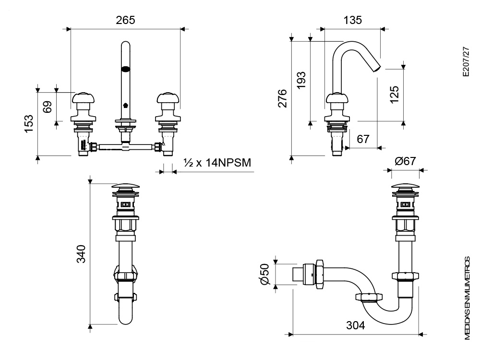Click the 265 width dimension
125,20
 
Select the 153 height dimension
29,124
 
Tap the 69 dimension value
48,107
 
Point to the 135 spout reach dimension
352,20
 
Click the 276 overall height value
282,98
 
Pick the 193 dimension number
301,80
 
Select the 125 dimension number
394,95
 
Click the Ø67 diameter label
405,161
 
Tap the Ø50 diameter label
265,274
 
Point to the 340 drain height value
81,254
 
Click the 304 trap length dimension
355,325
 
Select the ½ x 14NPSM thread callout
217,163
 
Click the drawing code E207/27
466,61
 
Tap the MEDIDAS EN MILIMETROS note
467,298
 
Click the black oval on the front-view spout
125,69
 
